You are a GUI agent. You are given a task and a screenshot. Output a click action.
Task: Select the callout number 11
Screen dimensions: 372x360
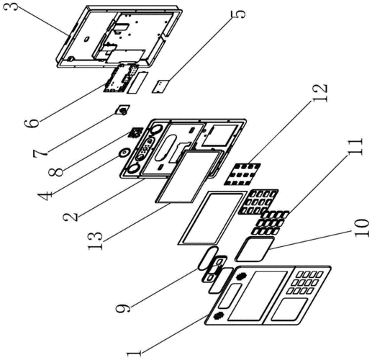(355, 147)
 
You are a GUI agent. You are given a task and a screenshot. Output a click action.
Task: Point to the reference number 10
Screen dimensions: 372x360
(361, 228)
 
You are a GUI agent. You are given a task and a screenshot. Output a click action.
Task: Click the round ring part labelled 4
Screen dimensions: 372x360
(124, 153)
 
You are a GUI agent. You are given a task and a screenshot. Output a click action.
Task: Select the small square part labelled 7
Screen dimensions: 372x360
(123, 110)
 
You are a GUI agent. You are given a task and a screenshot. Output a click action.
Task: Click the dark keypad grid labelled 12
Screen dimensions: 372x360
(242, 174)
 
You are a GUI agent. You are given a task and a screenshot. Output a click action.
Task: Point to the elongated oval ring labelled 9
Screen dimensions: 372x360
(208, 258)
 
